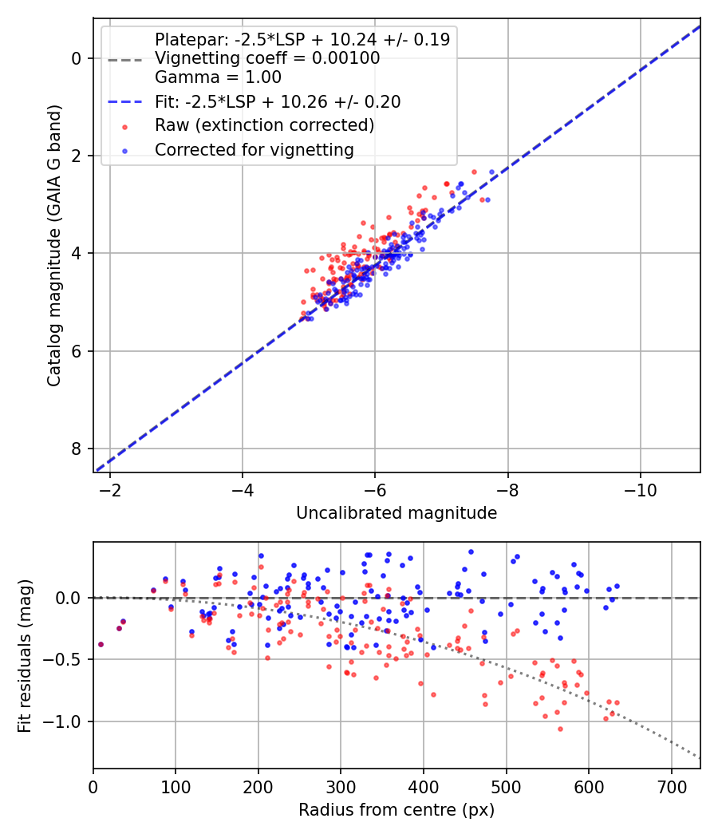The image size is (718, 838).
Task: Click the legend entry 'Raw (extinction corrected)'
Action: [264, 125]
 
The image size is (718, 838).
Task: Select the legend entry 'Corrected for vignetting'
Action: [254, 149]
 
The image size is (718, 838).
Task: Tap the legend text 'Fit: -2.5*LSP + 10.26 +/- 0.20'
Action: [278, 101]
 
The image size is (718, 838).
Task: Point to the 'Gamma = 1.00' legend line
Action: [218, 77]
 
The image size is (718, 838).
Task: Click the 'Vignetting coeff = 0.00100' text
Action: [267, 58]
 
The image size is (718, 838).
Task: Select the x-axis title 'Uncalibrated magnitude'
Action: [396, 513]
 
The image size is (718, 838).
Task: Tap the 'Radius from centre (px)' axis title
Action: [396, 810]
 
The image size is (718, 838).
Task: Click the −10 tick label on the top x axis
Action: [640, 488]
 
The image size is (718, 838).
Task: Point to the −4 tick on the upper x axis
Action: [242, 488]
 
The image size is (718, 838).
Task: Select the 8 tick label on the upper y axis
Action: [77, 449]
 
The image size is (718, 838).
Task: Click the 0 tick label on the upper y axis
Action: [77, 58]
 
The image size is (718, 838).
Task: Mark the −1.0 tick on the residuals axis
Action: [68, 721]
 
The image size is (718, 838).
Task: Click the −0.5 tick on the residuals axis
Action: [68, 659]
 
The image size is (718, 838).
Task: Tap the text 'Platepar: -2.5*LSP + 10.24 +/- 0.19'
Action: [302, 39]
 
